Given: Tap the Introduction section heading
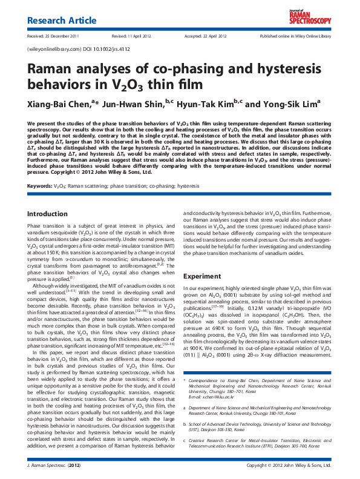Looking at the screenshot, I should [x=48, y=214].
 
